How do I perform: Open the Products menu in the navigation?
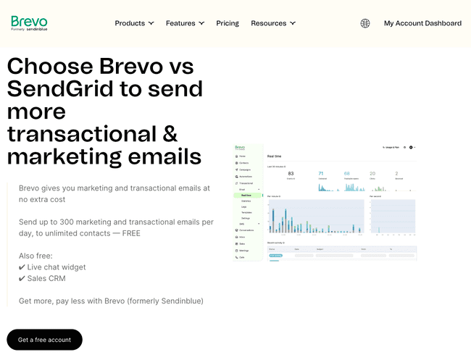tap(134, 23)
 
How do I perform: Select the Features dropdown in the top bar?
tap(185, 23)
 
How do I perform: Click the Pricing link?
tap(228, 23)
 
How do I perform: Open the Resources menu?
tap(273, 23)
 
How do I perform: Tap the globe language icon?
tap(365, 23)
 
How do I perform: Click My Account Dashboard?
tap(422, 23)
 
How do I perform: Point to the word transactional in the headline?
tap(81, 134)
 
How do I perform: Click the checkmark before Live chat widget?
tap(22, 267)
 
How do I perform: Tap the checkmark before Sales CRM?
tap(22, 278)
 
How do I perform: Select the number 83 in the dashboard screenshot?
tap(291, 174)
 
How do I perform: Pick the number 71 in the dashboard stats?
tap(321, 174)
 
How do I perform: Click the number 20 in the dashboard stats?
tap(372, 174)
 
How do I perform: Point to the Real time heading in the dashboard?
tap(275, 156)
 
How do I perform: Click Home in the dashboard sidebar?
tap(243, 156)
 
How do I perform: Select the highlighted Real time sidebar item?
tap(246, 195)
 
